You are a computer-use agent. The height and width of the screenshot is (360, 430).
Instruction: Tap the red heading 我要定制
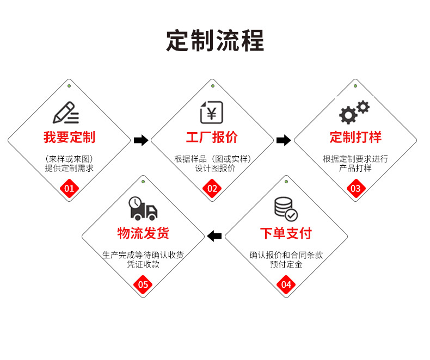(x=69, y=138)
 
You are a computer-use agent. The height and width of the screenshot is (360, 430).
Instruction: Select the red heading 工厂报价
(x=212, y=138)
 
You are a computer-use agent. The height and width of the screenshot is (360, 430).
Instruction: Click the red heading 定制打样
(x=355, y=138)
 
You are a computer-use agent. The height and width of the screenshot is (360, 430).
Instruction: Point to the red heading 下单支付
(x=286, y=234)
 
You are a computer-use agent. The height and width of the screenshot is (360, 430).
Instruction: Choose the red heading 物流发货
(x=143, y=234)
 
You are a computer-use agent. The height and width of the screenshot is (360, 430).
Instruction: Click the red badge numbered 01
(x=69, y=189)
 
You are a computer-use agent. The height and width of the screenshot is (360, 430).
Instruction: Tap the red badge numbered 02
(x=212, y=189)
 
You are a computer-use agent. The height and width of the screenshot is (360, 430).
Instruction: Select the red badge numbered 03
(x=355, y=189)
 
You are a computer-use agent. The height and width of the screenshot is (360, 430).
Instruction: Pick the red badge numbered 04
(x=286, y=284)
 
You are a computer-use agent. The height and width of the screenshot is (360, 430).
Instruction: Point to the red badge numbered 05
(x=143, y=284)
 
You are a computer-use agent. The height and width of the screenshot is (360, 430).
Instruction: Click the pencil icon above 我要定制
(x=66, y=113)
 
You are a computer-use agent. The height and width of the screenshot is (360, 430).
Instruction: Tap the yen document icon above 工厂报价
(x=212, y=112)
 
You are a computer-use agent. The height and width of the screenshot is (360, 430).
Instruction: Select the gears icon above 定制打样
(x=354, y=113)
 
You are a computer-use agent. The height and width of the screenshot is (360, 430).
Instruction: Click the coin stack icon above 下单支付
(x=285, y=209)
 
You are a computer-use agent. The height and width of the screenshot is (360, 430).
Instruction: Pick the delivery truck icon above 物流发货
(x=143, y=208)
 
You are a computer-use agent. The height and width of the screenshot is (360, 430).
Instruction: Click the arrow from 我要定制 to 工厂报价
(x=141, y=140)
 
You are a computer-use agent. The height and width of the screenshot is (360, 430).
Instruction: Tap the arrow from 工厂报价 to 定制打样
(x=284, y=140)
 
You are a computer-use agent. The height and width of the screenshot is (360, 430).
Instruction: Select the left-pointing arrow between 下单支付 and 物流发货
(x=214, y=235)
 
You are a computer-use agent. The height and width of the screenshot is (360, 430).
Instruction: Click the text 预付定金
(x=286, y=264)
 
